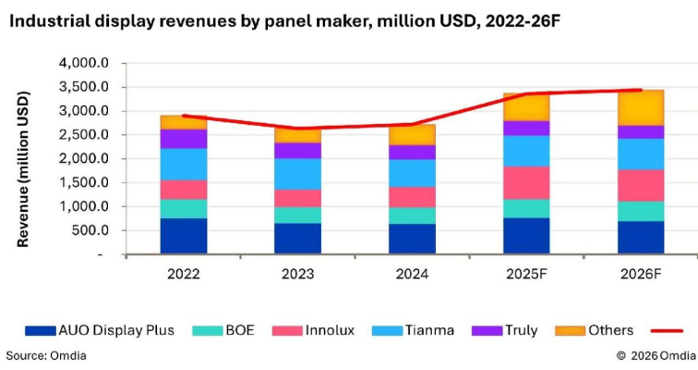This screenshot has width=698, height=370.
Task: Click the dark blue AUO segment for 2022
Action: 183,235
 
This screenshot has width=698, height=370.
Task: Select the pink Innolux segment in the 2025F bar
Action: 526,183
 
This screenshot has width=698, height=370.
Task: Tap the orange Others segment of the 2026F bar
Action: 641,107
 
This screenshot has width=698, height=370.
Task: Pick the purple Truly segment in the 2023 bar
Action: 297,150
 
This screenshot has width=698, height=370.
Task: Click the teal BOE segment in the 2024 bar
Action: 412,216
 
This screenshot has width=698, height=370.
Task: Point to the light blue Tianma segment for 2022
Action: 183,164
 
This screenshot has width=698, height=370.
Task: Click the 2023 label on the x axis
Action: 297,275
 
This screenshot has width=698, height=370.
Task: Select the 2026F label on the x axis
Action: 641,275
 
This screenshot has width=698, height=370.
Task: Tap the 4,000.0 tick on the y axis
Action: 84,63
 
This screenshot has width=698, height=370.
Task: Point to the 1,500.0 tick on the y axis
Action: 84,182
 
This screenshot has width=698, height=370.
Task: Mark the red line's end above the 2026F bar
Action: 641,90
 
